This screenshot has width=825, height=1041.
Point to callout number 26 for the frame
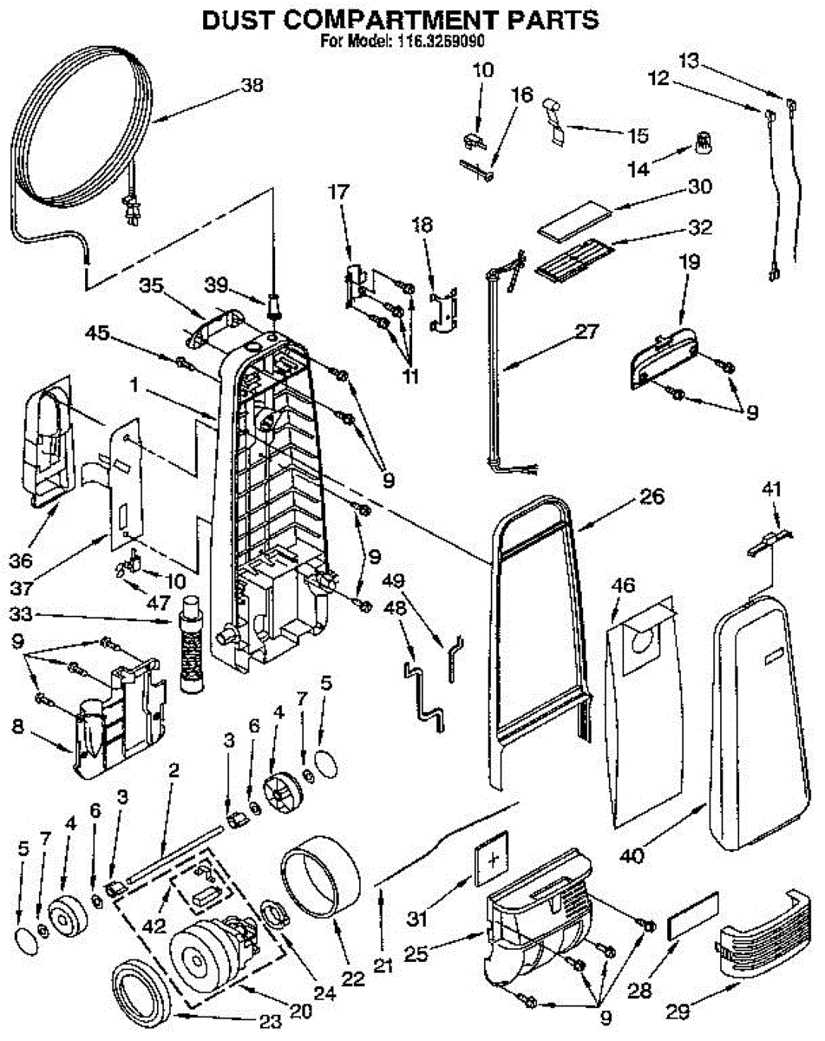pyautogui.click(x=651, y=497)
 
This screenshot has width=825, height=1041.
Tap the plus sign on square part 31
pyautogui.click(x=494, y=861)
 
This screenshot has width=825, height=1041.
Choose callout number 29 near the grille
pyautogui.click(x=679, y=1012)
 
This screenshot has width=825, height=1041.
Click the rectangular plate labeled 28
pyautogui.click(x=691, y=915)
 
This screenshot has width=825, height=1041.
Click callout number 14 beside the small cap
pyautogui.click(x=639, y=170)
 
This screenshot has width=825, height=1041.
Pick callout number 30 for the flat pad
pyautogui.click(x=698, y=187)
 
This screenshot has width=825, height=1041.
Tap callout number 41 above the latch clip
pyautogui.click(x=770, y=491)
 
